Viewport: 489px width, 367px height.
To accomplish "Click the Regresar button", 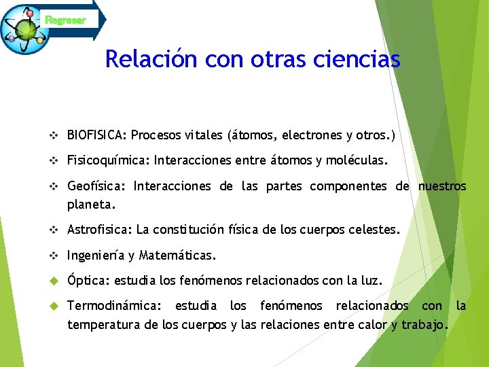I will point(67,20).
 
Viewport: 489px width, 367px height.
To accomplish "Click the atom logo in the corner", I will point(26,29).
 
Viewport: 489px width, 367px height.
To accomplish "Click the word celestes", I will point(374,230).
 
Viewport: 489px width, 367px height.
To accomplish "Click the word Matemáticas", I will point(177,256).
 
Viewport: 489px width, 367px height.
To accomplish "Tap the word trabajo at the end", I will point(424,324).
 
